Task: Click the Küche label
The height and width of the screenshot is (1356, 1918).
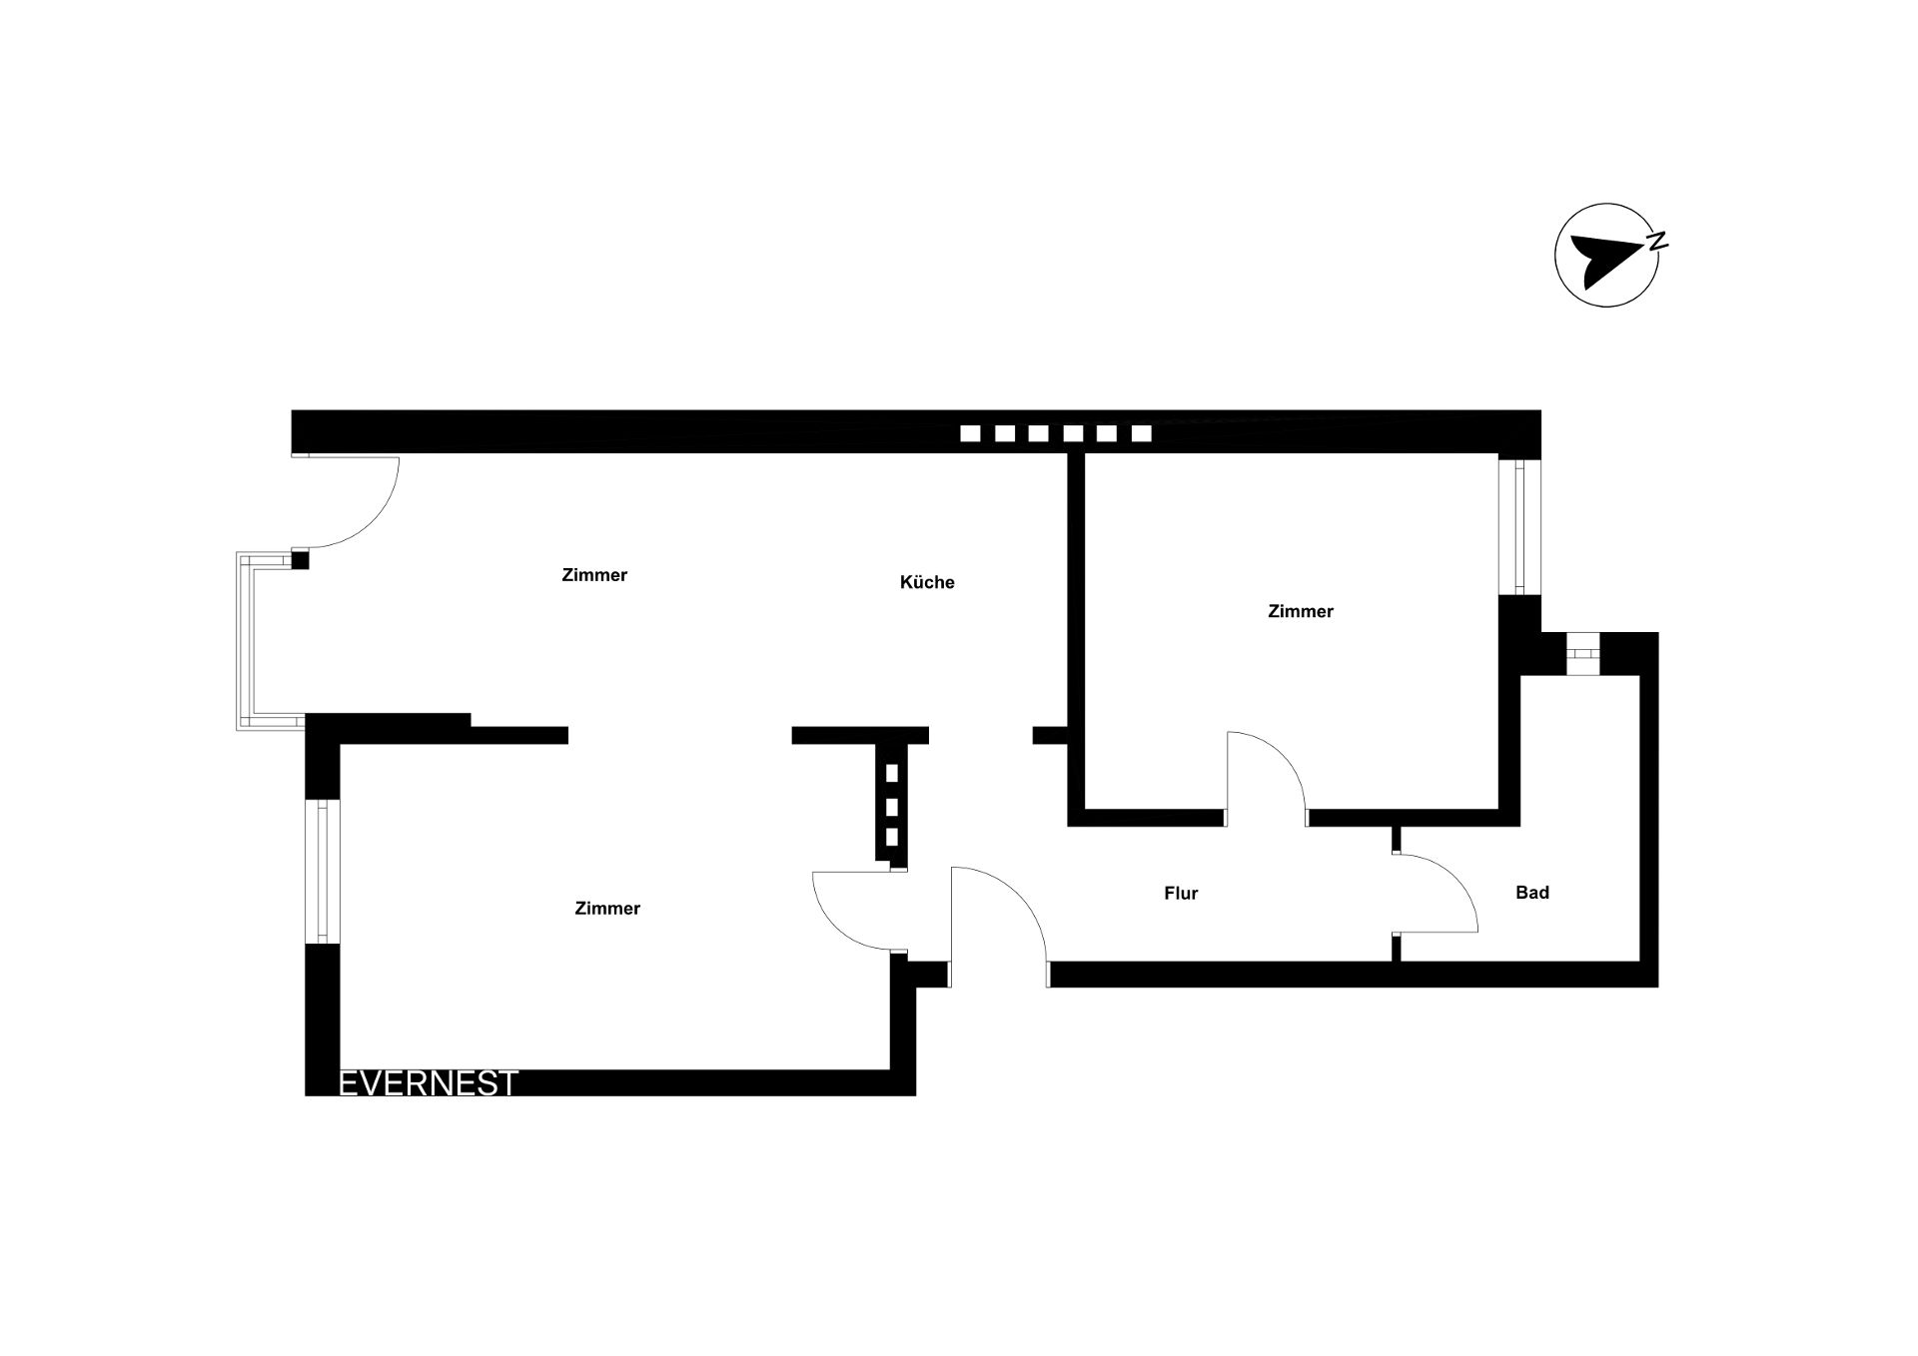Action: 927,582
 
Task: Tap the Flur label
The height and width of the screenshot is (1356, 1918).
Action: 1181,894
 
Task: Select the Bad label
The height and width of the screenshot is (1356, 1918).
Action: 1532,893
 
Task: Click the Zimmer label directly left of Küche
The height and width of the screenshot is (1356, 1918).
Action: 594,575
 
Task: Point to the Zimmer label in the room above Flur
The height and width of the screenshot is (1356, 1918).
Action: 1301,611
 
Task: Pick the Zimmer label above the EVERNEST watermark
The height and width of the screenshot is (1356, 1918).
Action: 607,909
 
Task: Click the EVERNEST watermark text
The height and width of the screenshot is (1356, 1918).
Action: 429,1083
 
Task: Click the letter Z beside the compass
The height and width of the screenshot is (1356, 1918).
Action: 1657,240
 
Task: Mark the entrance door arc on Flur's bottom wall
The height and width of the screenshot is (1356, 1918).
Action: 1019,899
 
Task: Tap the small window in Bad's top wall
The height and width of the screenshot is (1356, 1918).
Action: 1581,654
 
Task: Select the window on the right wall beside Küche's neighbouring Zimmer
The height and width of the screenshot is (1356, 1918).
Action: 1519,525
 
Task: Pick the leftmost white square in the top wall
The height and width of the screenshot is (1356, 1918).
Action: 970,433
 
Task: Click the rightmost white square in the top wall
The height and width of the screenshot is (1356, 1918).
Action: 1141,433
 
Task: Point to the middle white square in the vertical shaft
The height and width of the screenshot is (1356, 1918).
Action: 892,806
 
